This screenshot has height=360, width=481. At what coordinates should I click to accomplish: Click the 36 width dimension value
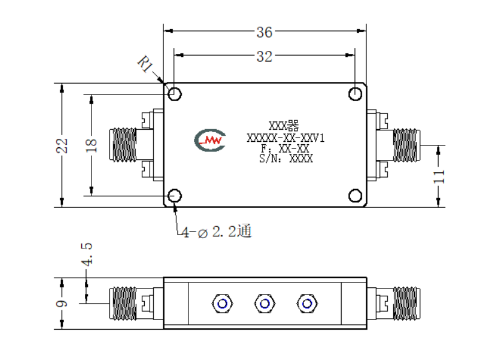[264, 32]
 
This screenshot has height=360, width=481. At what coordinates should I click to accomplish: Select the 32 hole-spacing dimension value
[264, 56]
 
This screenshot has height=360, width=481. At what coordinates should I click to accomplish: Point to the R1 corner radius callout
[145, 64]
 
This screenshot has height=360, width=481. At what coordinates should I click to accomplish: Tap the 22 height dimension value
[62, 145]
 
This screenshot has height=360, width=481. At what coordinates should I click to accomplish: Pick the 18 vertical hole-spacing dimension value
[91, 145]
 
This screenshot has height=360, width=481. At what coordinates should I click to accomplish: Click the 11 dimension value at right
[439, 176]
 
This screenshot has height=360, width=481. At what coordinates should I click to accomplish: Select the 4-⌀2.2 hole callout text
[217, 231]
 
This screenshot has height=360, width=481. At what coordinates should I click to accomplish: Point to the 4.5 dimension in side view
[87, 254]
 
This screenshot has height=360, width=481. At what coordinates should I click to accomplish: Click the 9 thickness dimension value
[62, 304]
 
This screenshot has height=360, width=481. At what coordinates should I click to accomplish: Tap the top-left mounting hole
[174, 94]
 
